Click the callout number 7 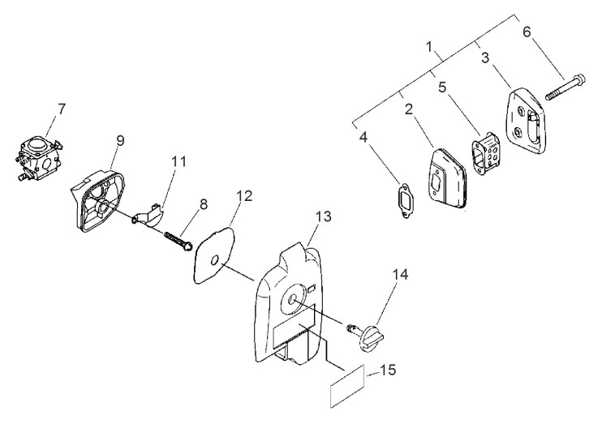pyautogui.click(x=61, y=109)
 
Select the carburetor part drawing pyautogui.click(x=39, y=160)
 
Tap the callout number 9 pyautogui.click(x=120, y=141)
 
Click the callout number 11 pyautogui.click(x=179, y=161)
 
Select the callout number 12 pyautogui.click(x=245, y=196)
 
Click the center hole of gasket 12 pyautogui.click(x=215, y=261)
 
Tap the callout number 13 pyautogui.click(x=323, y=216)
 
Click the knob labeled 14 pyautogui.click(x=366, y=336)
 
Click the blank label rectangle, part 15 pyautogui.click(x=347, y=386)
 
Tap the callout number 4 pyautogui.click(x=363, y=137)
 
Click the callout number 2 pyautogui.click(x=409, y=109)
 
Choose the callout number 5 pyautogui.click(x=442, y=88)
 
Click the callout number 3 pyautogui.click(x=485, y=58)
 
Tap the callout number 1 pyautogui.click(x=429, y=46)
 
